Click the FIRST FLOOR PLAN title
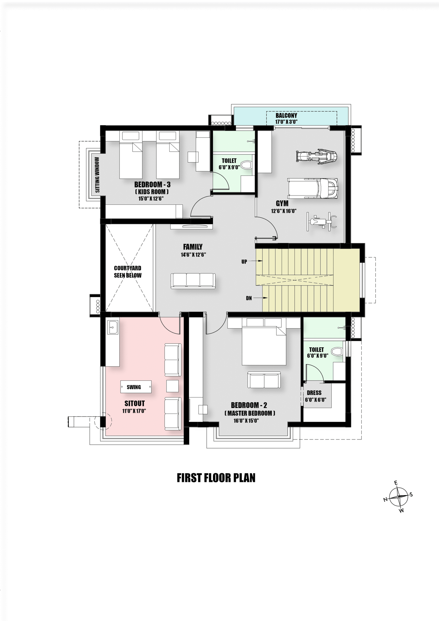216,478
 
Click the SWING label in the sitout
134,387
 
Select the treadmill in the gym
313,188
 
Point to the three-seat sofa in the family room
193,281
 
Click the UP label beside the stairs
244,262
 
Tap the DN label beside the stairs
249,298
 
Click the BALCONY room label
286,116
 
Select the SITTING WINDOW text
97,175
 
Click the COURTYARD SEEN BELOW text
128,272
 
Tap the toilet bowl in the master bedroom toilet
337,351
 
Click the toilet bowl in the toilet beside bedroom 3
246,165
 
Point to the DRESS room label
314,393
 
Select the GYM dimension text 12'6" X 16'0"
284,211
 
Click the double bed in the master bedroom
264,342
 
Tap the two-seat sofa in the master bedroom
264,380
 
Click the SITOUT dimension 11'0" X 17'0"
134,411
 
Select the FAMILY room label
193,247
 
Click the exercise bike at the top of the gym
316,157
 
